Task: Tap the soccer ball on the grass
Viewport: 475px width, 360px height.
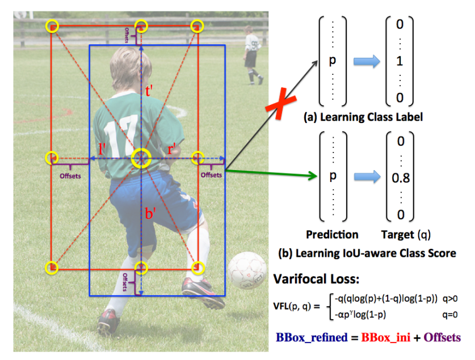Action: coord(247,270)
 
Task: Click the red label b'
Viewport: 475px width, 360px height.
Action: coord(150,214)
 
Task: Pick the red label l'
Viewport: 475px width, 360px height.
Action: coord(103,151)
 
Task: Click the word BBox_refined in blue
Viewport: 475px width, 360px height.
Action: coord(312,337)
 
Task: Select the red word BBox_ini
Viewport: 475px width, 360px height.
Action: coord(384,337)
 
